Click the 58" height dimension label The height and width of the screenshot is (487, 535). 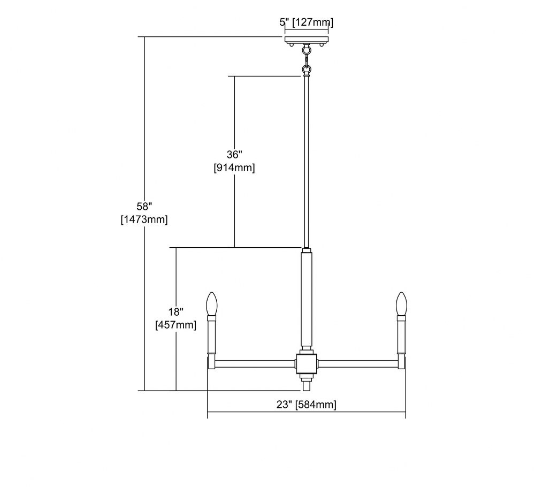pos(144,207)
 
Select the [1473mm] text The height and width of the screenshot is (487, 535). pos(144,219)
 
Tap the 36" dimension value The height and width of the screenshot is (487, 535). pos(234,155)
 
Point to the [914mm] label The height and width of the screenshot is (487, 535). pos(234,168)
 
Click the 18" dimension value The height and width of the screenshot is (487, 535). pos(175,311)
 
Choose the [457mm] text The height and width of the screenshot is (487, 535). pos(175,325)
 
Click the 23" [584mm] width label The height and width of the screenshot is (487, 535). pos(307,405)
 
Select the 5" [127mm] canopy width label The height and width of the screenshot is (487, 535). pos(307,22)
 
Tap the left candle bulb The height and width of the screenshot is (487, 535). pos(212,303)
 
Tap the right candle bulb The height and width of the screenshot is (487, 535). pos(401,303)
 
